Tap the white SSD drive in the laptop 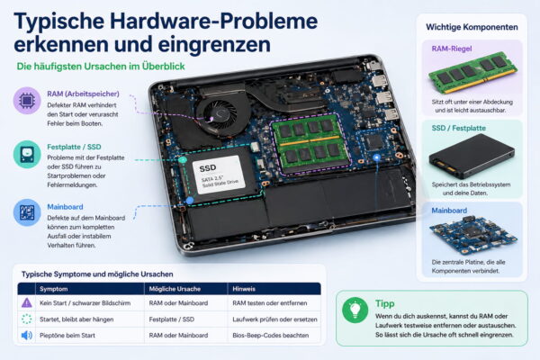click(220, 173)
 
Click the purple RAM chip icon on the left click(27, 100)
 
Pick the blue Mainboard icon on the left click(27, 213)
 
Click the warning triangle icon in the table click(26, 304)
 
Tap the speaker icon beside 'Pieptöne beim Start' click(26, 335)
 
